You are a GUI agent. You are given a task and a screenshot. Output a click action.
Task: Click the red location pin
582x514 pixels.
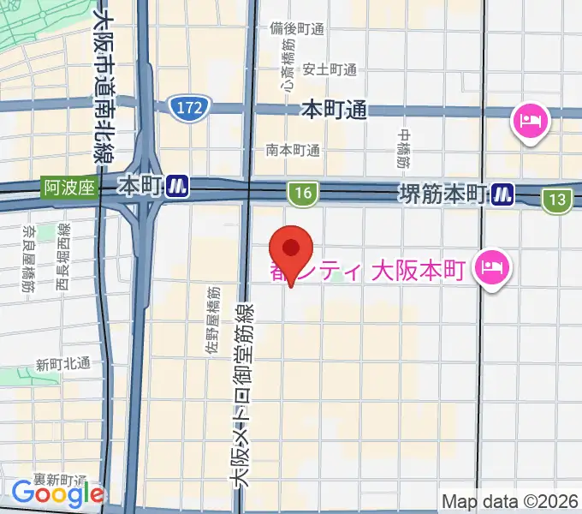point(291,251)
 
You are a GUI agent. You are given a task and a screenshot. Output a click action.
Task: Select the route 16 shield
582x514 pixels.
point(300,194)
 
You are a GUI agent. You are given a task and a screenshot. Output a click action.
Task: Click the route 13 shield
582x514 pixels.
point(557,200)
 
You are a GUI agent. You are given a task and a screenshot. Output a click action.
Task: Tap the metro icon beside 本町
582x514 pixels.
point(178,185)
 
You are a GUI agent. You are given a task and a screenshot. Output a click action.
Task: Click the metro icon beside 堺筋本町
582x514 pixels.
point(502,195)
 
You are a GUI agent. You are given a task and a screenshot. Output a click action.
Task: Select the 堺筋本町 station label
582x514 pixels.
point(442,194)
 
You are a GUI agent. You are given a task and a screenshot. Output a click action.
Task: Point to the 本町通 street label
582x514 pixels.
point(334,110)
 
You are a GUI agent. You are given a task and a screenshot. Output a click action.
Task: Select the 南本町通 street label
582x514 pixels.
point(293,150)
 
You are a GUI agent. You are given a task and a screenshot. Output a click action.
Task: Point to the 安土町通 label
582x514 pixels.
point(330,69)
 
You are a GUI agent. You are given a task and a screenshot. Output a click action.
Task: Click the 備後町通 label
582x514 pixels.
point(296,28)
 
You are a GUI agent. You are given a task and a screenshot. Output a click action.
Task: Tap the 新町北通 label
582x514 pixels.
point(62,363)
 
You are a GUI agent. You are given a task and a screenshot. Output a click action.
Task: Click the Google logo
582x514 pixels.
point(57,493)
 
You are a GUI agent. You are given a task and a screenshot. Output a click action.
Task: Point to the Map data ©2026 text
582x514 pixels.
point(510,500)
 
